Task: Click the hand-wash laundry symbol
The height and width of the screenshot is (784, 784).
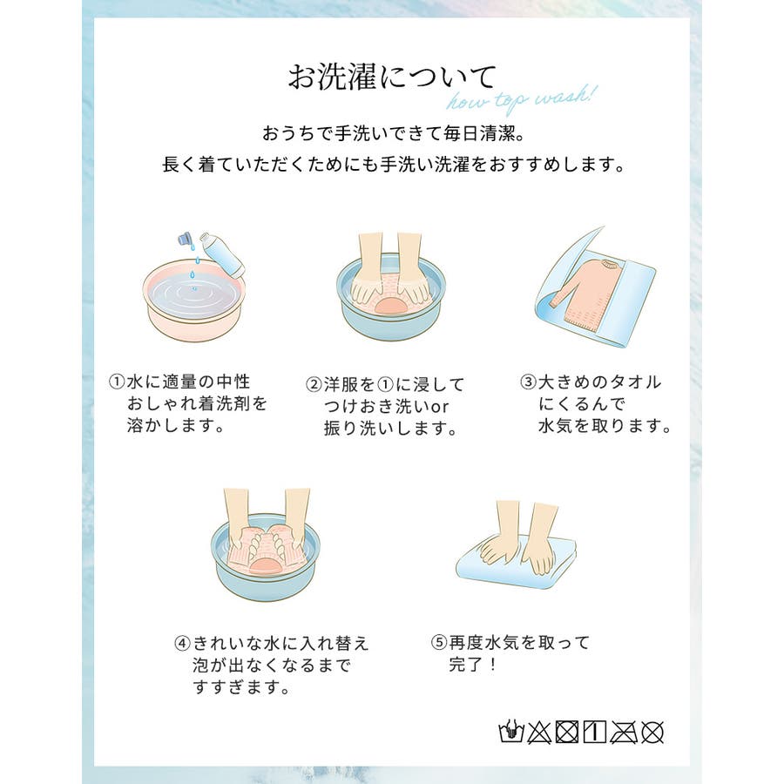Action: coord(511,732)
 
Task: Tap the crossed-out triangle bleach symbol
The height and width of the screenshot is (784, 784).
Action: coord(539,733)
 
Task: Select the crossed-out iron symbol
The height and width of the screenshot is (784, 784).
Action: coord(624,733)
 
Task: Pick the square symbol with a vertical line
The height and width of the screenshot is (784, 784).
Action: coord(595,733)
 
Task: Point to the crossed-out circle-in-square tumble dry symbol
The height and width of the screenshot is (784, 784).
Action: coord(567,733)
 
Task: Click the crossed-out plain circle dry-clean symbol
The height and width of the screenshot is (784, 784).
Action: coord(652,733)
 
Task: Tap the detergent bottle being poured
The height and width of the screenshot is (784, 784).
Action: coord(222,254)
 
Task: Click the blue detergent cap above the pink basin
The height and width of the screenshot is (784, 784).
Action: coord(186,239)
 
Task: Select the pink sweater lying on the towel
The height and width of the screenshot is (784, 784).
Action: coord(584,291)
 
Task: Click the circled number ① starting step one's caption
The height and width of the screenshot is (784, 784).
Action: coord(116,382)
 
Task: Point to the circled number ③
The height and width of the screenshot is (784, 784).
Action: coord(528,382)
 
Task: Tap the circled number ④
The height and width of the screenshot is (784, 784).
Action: coord(183,643)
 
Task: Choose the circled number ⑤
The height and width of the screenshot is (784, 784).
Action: coord(438,642)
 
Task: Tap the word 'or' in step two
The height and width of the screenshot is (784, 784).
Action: coord(440,407)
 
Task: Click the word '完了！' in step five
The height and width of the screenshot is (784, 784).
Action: coord(472,665)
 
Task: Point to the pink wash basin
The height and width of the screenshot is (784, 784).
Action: coord(194,300)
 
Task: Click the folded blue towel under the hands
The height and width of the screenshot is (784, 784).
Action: coord(516,563)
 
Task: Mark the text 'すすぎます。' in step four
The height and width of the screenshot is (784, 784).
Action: coord(241,687)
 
